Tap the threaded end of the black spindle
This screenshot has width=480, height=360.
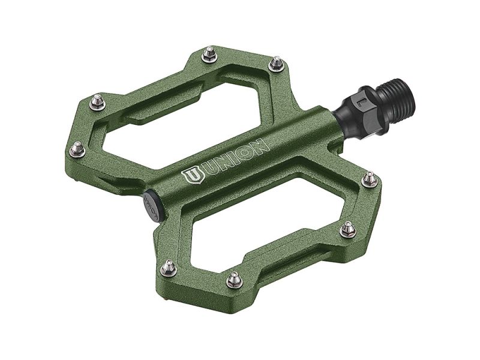tap(393, 88)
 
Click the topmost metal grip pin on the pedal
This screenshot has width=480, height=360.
tap(209, 53)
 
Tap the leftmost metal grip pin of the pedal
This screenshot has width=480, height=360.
tap(77, 146)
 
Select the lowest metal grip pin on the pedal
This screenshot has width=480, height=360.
tap(233, 279)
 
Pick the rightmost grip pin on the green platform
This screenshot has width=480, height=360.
tap(370, 178)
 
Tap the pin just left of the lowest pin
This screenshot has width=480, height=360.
tap(169, 266)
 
